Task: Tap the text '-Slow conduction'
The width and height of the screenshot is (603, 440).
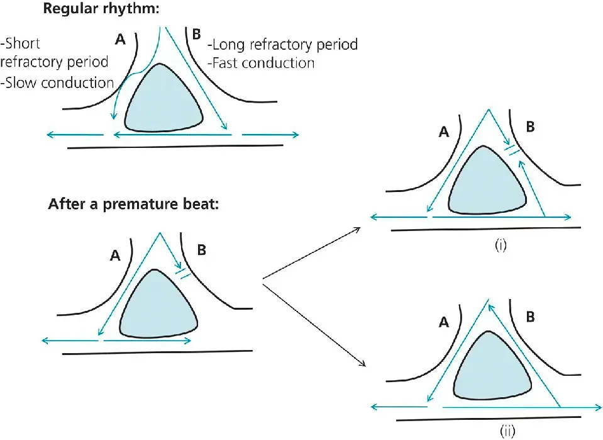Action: point(58,82)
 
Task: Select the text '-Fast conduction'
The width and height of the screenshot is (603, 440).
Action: point(261,63)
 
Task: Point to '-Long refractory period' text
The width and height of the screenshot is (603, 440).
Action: point(282,45)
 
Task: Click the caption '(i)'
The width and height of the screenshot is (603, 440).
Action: point(499,245)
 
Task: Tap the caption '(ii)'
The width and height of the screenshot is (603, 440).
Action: point(509,431)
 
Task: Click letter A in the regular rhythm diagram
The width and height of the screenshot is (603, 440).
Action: point(121,40)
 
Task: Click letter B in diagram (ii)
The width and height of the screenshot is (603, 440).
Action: point(531,317)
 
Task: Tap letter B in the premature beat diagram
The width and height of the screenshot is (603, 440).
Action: point(202,251)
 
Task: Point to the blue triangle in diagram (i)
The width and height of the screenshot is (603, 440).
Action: point(486,183)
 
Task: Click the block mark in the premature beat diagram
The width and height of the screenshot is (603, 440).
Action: point(184,274)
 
